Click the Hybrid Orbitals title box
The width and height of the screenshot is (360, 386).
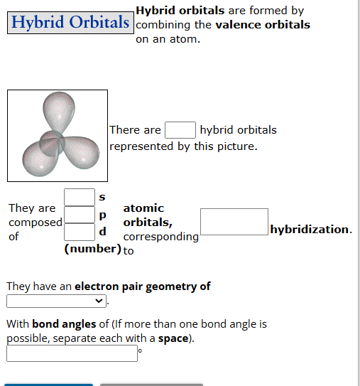tap(70, 22)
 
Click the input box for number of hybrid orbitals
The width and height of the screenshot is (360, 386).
tap(180, 130)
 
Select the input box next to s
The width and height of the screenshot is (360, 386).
tap(80, 196)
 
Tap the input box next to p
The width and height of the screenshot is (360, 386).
tap(80, 214)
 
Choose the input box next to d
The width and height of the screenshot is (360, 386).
tap(80, 232)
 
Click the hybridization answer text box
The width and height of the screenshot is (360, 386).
tap(234, 222)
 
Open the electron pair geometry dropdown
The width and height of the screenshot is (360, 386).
tap(57, 301)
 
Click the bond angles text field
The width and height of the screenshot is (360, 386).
tap(72, 353)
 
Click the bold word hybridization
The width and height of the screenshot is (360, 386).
tap(310, 230)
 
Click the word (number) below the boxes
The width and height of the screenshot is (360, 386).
tap(92, 249)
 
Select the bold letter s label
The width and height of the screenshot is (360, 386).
tap(102, 196)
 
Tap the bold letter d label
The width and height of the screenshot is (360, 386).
tap(103, 232)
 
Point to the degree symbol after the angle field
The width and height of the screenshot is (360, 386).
tap(140, 350)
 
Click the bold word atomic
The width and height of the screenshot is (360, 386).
tap(143, 208)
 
